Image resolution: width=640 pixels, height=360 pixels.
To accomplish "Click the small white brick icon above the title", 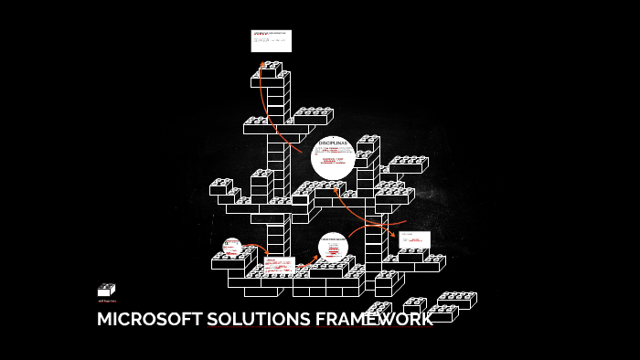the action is (x=106, y=290).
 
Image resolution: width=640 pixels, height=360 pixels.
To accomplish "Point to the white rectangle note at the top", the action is (x=272, y=41).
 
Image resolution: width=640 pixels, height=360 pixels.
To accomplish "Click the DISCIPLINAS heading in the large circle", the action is (x=333, y=143).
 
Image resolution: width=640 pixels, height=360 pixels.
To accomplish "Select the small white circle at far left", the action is (x=231, y=246).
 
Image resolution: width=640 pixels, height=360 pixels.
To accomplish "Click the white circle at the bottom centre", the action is (x=333, y=247).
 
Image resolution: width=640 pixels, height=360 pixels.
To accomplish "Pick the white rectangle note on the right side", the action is (x=414, y=239).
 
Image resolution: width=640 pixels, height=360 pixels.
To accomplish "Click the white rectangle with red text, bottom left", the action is (x=278, y=265).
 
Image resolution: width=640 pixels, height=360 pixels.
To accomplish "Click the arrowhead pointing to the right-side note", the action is (x=394, y=235).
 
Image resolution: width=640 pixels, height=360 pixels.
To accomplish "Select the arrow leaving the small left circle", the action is (x=256, y=249).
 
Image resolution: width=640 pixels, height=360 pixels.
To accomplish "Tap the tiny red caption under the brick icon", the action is (x=106, y=301).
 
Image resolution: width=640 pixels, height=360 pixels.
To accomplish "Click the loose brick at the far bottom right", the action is (x=456, y=300).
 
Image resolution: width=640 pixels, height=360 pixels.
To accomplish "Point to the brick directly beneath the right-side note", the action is (x=413, y=255).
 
